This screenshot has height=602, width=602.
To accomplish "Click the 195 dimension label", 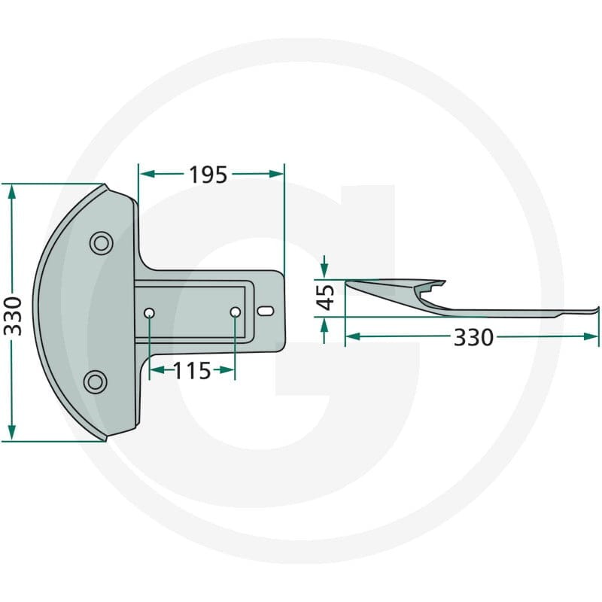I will point(208,175).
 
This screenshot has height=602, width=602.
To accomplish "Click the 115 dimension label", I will point(192,370).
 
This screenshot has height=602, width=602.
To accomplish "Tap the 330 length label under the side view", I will point(473,337).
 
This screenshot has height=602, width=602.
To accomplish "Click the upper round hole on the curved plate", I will point(99,242).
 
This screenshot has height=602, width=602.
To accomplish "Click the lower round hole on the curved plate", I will point(95,382).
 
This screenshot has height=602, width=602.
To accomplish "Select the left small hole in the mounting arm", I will point(150,312).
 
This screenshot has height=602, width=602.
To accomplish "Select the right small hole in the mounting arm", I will point(236,312).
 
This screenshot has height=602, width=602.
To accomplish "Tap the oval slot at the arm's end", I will point(265,310).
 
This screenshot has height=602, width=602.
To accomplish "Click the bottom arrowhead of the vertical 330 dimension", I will point(11,433).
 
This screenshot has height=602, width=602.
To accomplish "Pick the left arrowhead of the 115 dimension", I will point(155,369).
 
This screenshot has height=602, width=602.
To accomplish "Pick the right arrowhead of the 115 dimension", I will point(230,369).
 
